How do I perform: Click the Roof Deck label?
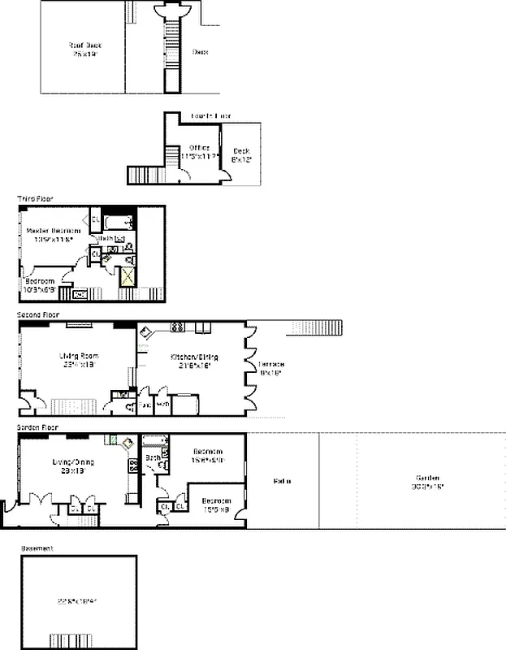point(82,50)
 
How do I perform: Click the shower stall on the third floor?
point(128,276)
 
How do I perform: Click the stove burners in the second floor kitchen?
point(177,327)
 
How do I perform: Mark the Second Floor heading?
point(38,314)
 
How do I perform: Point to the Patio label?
point(282,481)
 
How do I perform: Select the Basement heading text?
point(37,548)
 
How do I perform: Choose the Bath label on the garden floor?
point(152,457)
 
